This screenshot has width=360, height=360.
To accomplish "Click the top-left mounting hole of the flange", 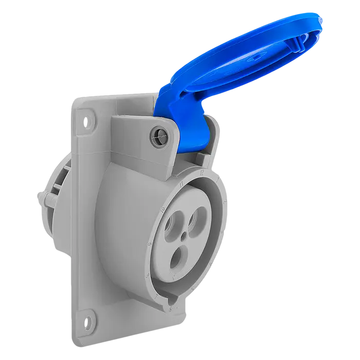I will click(86, 123).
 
